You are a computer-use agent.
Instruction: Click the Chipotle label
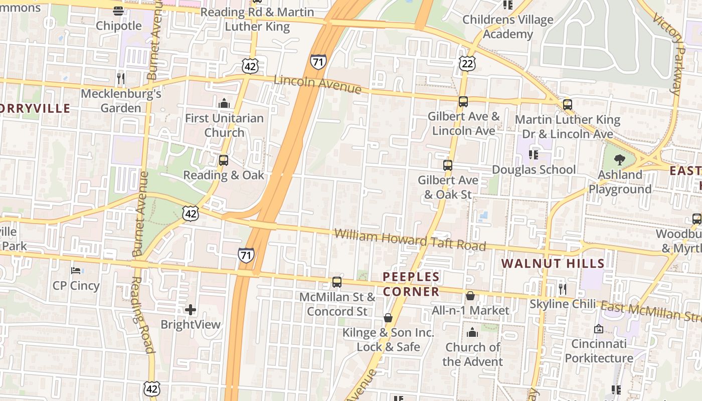click(x=119, y=26)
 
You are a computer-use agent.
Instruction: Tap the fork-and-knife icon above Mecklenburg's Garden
click(x=120, y=78)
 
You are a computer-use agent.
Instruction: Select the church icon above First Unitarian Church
click(x=224, y=104)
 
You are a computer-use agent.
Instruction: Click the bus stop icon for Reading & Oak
click(x=223, y=160)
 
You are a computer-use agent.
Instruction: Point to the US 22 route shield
click(x=467, y=63)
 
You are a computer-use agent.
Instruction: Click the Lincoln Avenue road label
click(x=317, y=84)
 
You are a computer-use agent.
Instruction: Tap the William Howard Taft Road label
click(x=410, y=240)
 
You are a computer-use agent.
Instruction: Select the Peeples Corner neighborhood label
click(x=411, y=284)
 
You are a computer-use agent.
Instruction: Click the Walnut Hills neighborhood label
click(x=553, y=263)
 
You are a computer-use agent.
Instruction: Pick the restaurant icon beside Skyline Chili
click(x=562, y=289)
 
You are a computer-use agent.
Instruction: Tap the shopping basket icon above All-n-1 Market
click(x=470, y=296)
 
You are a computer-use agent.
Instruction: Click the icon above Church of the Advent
click(x=472, y=332)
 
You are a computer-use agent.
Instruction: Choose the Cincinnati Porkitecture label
click(x=599, y=351)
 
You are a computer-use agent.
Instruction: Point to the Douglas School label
click(x=534, y=169)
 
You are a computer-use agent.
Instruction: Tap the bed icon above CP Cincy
click(x=76, y=271)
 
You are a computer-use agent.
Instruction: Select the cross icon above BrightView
click(x=190, y=310)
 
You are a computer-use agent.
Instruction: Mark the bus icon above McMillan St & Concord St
click(x=337, y=282)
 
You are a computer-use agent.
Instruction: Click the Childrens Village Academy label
click(x=507, y=27)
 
